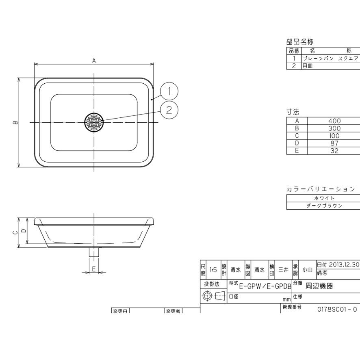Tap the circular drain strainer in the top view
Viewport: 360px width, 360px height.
(x=94, y=122)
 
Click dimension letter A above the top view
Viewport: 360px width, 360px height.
(x=94, y=61)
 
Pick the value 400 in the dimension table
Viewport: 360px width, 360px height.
(x=334, y=121)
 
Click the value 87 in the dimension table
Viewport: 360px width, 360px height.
(x=334, y=143)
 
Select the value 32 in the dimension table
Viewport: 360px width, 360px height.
(x=334, y=150)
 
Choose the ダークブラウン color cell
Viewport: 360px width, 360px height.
(x=324, y=206)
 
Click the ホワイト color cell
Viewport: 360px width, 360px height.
(x=324, y=198)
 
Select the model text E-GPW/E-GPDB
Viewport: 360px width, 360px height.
(x=265, y=286)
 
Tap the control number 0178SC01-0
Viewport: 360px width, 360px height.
(x=337, y=309)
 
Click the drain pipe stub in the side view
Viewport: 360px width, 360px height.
(x=94, y=252)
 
